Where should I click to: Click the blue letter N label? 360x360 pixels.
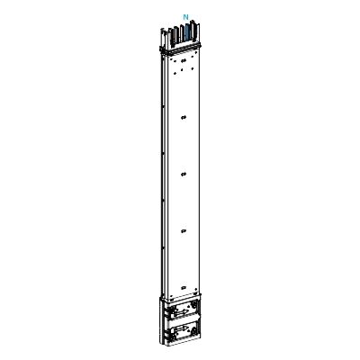coord(185,17)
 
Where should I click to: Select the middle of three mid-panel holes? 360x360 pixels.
coord(183,173)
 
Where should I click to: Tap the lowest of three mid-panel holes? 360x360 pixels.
coord(183,230)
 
